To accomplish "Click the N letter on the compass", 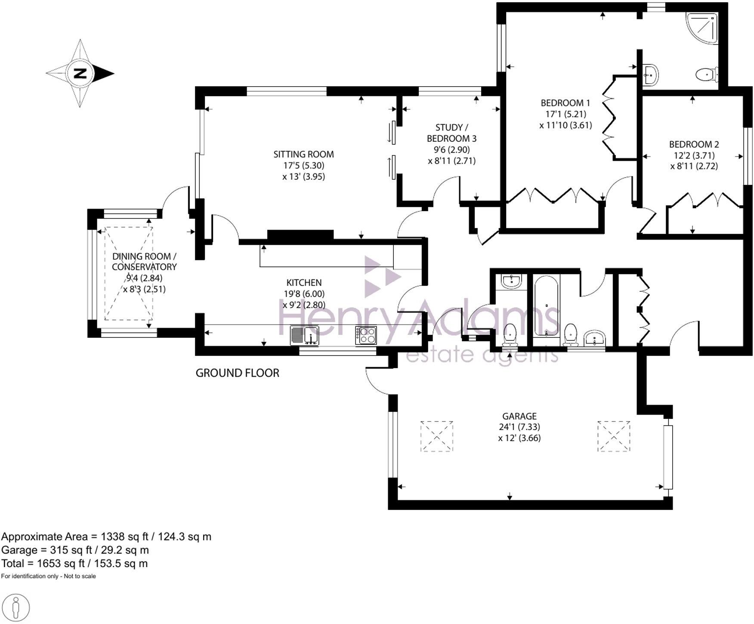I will tap(80, 73).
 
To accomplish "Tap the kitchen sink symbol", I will tap(305, 335).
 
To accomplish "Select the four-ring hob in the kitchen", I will tap(366, 335).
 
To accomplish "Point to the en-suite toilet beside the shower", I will tap(706, 75).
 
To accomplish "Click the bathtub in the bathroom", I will tap(546, 306).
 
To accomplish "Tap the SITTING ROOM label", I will tap(303, 154).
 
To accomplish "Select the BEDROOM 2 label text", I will tap(693, 144).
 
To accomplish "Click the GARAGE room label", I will tap(519, 416).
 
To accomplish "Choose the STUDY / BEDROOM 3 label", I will tap(451, 133).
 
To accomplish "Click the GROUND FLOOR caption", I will tap(237, 373).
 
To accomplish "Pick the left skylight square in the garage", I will tap(436, 436).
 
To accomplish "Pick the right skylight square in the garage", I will tap(614, 436).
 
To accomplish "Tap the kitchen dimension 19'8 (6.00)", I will tap(304, 294).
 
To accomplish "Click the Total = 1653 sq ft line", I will tap(74, 563).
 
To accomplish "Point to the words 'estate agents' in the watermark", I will tap(482, 356).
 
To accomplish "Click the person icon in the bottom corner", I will tap(16, 608).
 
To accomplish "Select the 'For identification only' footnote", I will tap(48, 576).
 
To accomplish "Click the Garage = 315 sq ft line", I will tap(75, 550).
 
